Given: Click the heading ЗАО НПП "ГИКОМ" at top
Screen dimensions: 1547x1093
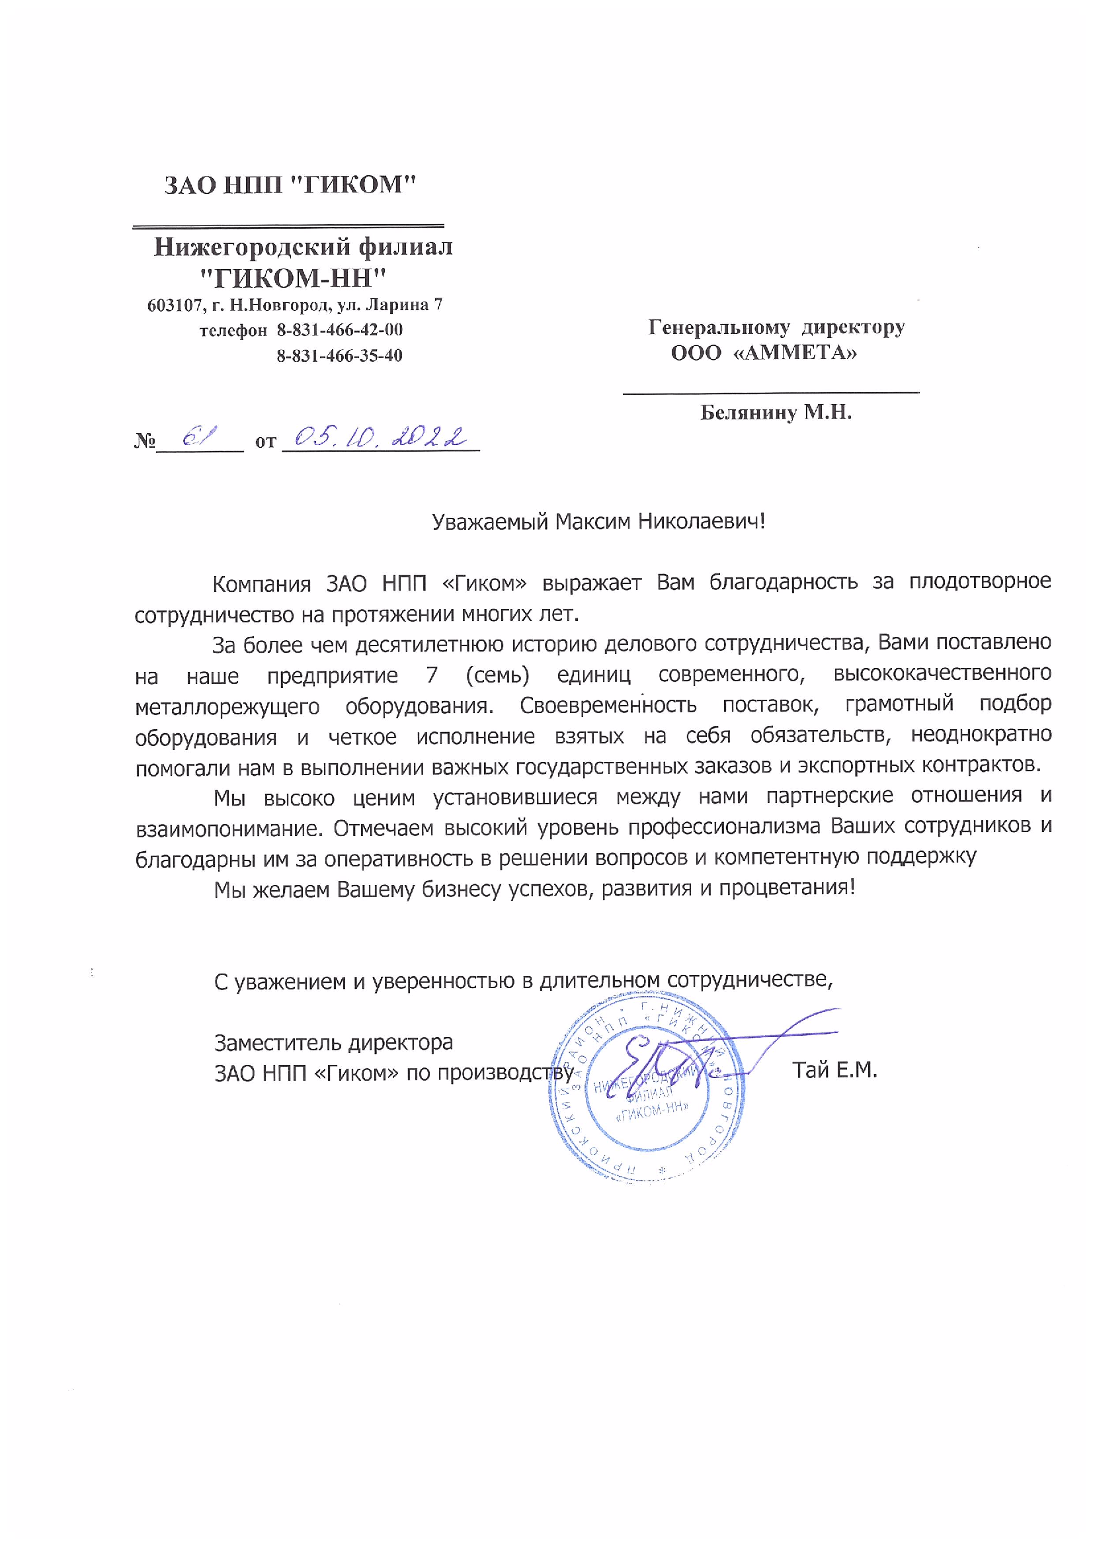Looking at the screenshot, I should coord(290,185).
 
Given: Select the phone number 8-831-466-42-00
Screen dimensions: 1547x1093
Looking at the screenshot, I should coord(339,330).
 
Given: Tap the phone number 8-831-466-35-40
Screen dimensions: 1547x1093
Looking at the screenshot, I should coord(339,356).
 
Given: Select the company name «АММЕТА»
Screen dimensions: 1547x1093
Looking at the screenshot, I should coord(794,353).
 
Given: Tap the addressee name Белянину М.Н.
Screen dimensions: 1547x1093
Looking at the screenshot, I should coord(776,411).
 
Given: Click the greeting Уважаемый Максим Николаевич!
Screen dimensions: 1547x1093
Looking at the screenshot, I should coord(598,521).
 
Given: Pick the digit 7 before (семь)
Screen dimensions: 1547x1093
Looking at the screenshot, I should coord(432,675).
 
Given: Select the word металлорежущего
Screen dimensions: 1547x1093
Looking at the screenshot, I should coord(227,706).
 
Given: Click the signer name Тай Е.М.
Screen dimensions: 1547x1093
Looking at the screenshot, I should coord(834,1070).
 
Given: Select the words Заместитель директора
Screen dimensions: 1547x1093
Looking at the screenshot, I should coord(333,1042).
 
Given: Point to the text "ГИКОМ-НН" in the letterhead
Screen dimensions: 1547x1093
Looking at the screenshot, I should coord(295,277).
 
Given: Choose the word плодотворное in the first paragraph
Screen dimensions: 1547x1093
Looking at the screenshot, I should coord(980,581).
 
